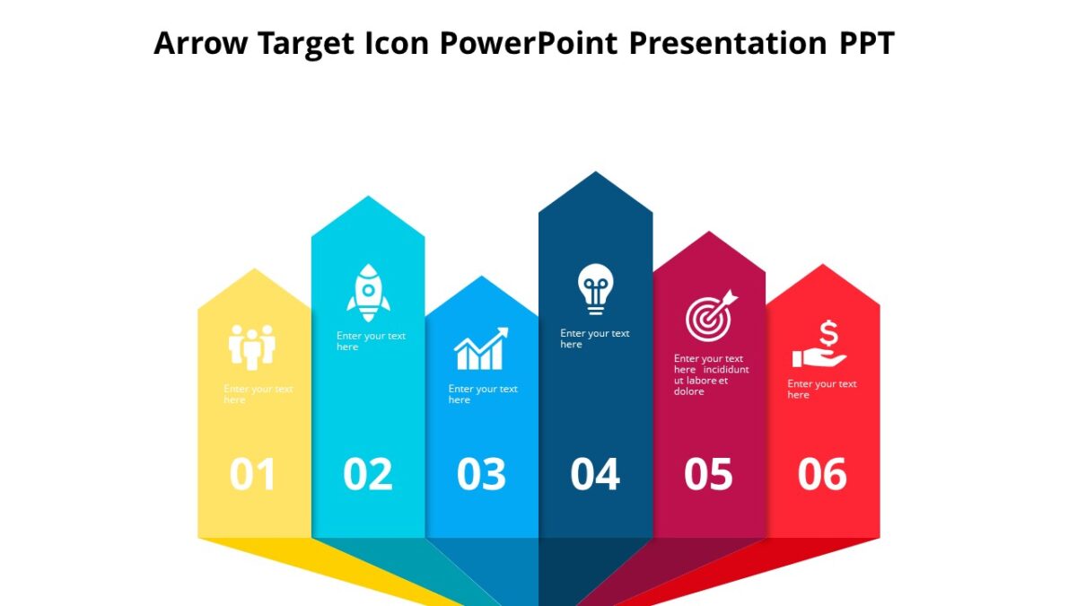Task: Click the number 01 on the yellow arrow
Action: (252, 475)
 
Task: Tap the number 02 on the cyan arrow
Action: (368, 475)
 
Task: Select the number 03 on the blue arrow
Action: (481, 475)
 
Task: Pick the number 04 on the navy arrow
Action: (595, 475)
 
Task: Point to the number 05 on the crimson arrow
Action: (708, 475)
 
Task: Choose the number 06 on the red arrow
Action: (822, 475)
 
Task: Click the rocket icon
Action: (368, 293)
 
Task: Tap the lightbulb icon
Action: (595, 288)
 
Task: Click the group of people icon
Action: (252, 347)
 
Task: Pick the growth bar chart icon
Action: (481, 349)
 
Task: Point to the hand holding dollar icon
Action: (819, 346)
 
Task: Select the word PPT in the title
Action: (866, 43)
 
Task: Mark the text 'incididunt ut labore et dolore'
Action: (711, 380)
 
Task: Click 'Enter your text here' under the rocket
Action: (371, 341)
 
